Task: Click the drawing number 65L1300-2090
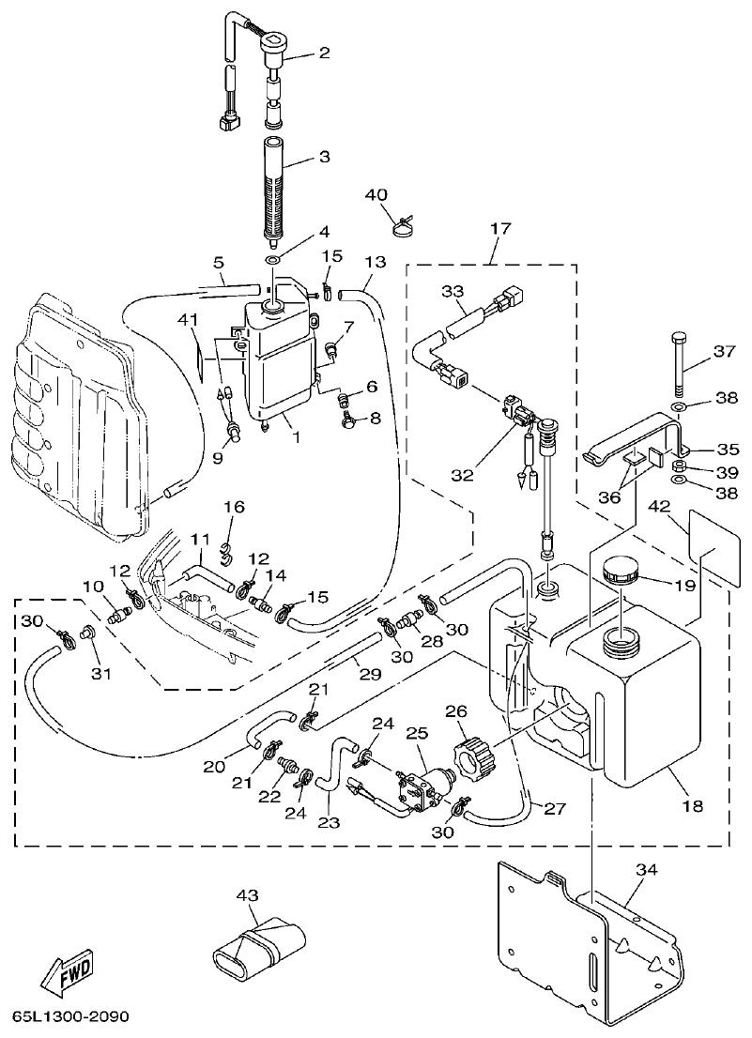pyautogui.click(x=70, y=1017)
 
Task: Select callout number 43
pyautogui.click(x=247, y=895)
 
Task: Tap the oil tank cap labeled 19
pyautogui.click(x=620, y=571)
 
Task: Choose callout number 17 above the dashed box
pyautogui.click(x=494, y=227)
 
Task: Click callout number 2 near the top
pyautogui.click(x=324, y=53)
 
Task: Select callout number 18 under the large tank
pyautogui.click(x=691, y=805)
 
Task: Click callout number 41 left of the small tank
pyautogui.click(x=189, y=321)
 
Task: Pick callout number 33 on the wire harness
pyautogui.click(x=453, y=292)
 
